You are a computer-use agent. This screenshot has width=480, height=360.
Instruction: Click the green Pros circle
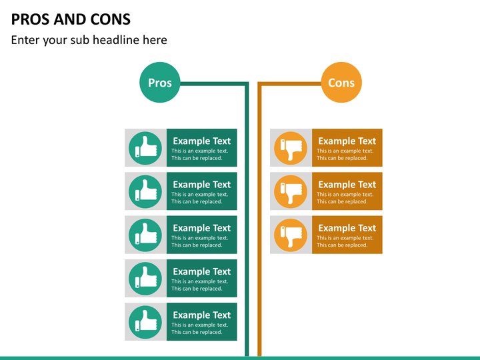(160, 83)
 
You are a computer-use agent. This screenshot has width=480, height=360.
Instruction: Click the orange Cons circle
(341, 83)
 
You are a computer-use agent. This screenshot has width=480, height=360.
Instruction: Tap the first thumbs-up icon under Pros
(145, 148)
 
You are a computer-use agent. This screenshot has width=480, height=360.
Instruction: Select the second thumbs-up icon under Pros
(145, 191)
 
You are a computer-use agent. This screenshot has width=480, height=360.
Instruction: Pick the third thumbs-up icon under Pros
(145, 235)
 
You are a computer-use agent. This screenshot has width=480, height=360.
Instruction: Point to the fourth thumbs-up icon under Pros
(145, 279)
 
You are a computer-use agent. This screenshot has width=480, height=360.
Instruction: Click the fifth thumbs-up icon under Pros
(145, 322)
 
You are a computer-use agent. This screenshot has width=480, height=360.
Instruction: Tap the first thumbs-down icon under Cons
(291, 148)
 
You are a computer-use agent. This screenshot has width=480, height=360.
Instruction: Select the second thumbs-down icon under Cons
(291, 191)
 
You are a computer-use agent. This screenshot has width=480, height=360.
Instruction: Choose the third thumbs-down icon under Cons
(291, 235)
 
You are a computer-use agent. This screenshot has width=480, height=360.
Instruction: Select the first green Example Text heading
(202, 141)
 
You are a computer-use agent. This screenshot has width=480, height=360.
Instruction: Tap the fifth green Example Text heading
(202, 315)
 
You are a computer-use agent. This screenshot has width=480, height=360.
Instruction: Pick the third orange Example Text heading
(347, 228)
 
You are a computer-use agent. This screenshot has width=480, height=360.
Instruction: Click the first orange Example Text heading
(347, 141)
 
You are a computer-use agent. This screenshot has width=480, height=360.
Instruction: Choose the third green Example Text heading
(202, 228)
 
